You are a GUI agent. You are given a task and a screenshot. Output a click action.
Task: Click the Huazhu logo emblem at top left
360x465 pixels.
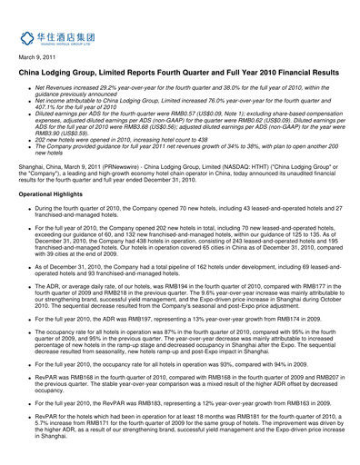[27, 38]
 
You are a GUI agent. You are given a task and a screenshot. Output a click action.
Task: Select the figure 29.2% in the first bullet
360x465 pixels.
[120, 87]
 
